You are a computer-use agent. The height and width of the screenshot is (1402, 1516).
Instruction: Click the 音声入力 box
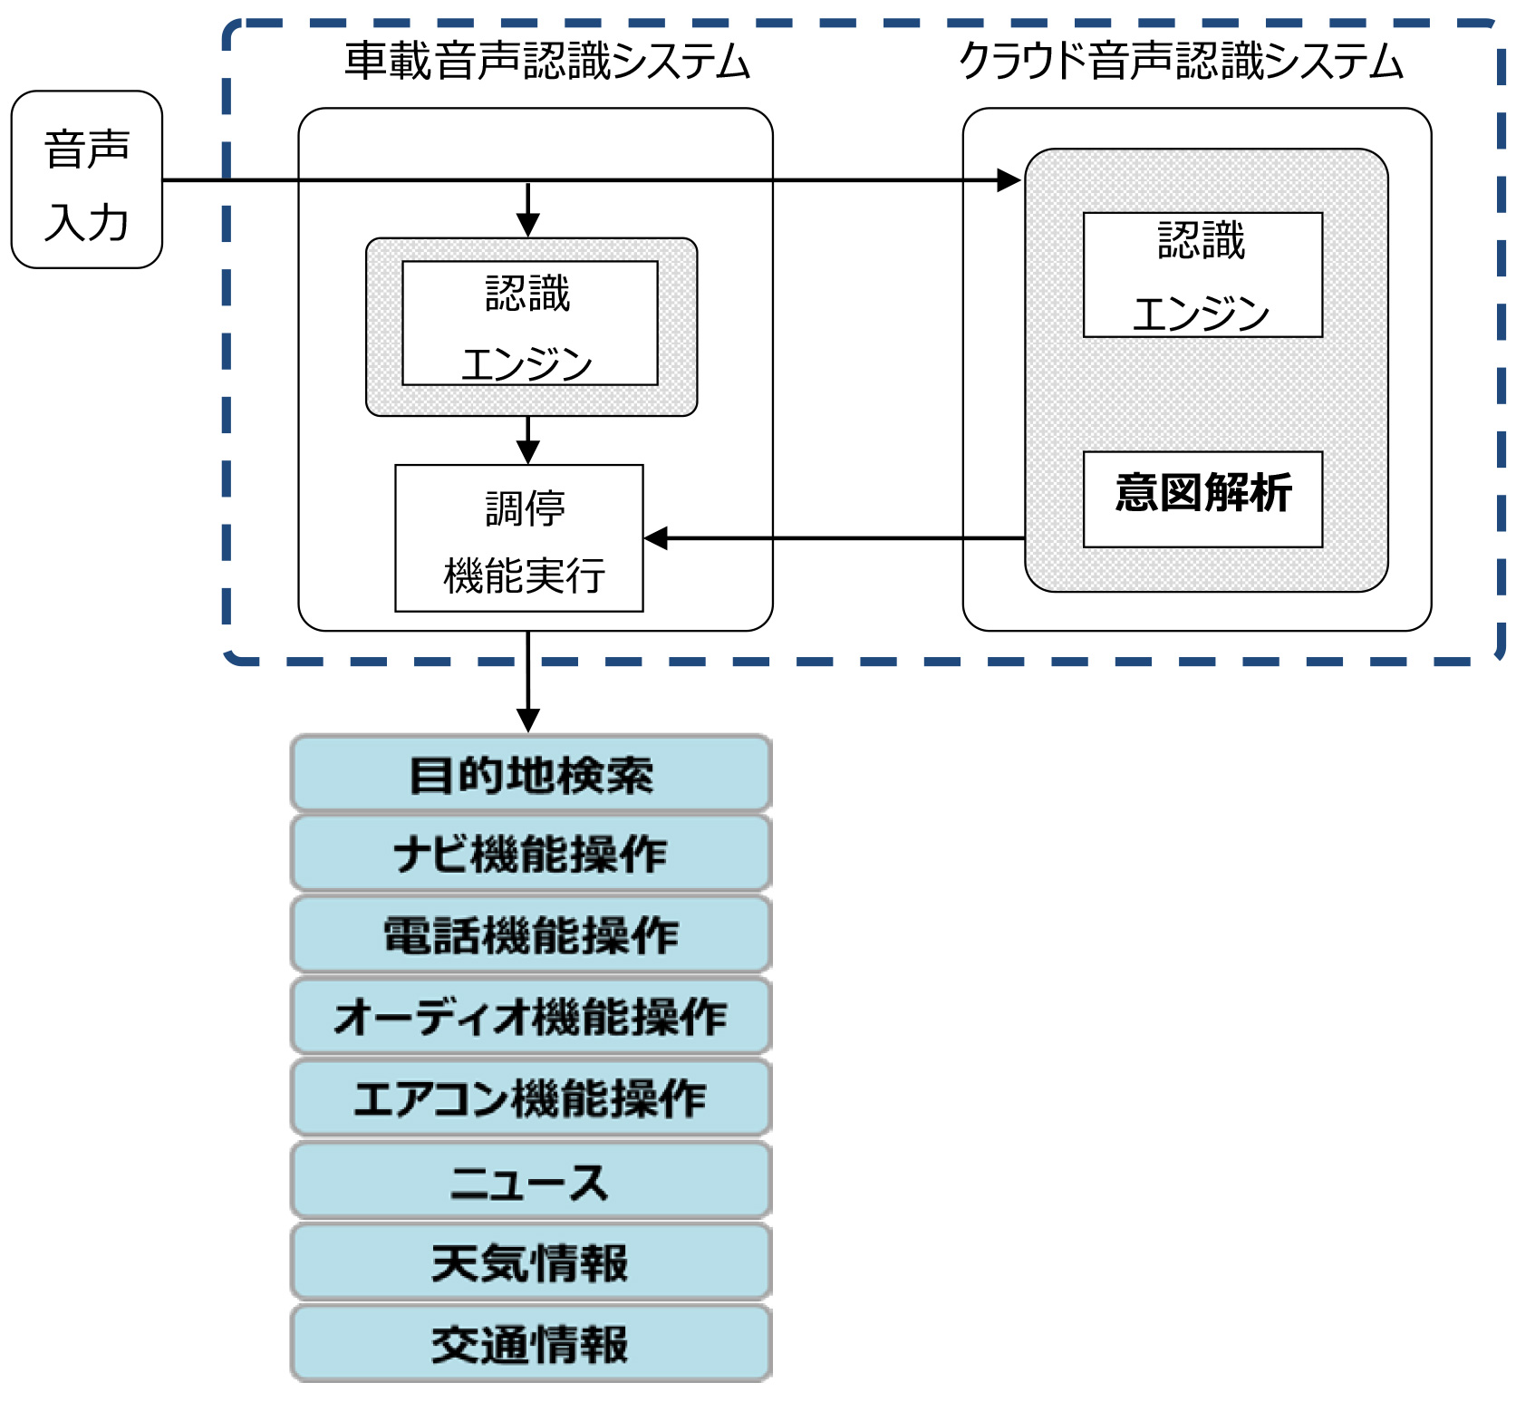(86, 179)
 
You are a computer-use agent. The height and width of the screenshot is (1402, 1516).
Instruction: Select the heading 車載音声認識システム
(546, 62)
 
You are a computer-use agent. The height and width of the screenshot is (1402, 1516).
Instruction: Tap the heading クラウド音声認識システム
(1181, 62)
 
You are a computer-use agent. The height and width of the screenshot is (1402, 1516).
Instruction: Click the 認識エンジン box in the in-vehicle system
(529, 324)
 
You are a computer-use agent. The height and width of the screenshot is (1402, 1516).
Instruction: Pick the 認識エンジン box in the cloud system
(1202, 275)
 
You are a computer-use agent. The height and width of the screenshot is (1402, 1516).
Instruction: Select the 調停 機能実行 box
(518, 538)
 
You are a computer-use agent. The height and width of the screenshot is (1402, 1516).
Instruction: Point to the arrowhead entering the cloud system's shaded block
(1009, 180)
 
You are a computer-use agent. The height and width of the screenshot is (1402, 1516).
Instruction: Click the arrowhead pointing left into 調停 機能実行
(656, 538)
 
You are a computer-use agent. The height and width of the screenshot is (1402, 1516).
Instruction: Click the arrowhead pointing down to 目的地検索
(528, 721)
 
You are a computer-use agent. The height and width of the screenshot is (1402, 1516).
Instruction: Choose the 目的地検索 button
(530, 775)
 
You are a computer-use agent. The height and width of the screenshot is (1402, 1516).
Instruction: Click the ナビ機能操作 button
(530, 855)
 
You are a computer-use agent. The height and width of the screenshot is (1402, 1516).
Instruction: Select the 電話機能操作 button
(530, 935)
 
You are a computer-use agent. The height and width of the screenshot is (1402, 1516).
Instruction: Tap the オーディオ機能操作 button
(530, 1016)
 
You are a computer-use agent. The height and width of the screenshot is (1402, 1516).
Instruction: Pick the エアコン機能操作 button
(530, 1097)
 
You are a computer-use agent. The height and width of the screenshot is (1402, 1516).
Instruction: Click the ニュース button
(530, 1181)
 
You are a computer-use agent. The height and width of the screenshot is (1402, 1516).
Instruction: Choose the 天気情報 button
(530, 1262)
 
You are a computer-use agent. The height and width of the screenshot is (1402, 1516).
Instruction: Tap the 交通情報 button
(530, 1344)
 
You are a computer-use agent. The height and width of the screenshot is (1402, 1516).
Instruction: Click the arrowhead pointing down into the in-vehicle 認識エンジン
(528, 225)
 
